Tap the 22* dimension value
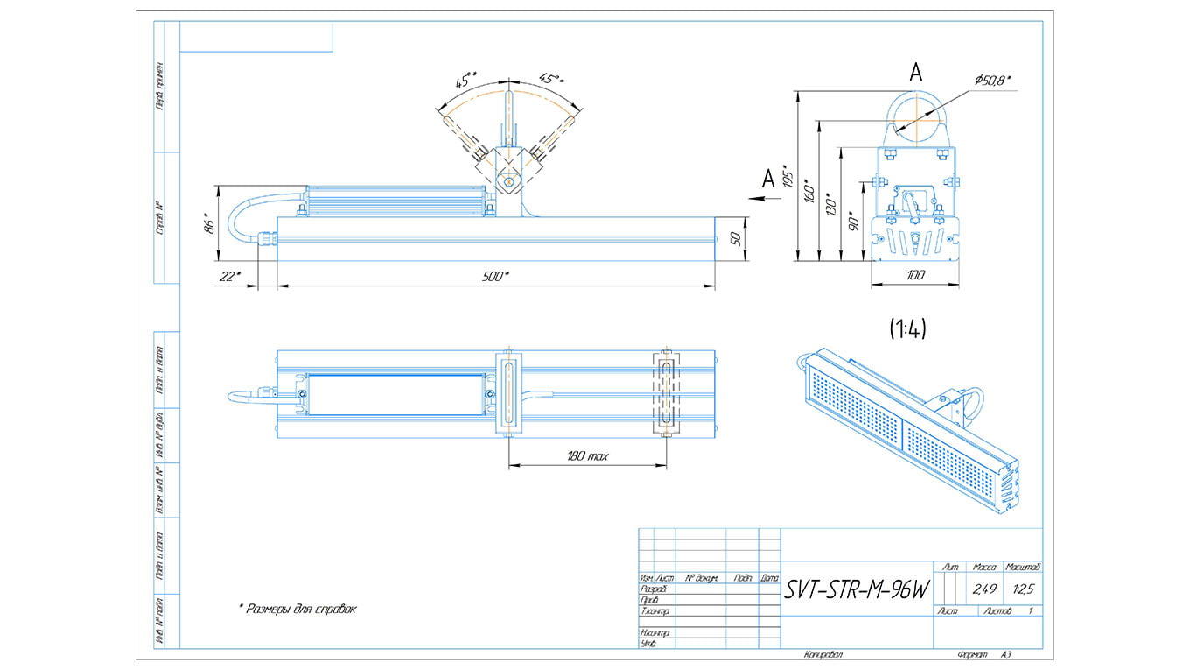point(229,277)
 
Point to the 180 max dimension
point(587,456)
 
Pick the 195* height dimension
point(787,177)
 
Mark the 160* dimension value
point(808,191)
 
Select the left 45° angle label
point(465,81)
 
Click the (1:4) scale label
point(907,328)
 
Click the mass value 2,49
point(984,589)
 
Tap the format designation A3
point(1006,654)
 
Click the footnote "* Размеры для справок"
point(297,609)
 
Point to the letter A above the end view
point(915,74)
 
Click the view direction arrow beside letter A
point(759,199)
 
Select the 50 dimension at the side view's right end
point(736,238)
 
